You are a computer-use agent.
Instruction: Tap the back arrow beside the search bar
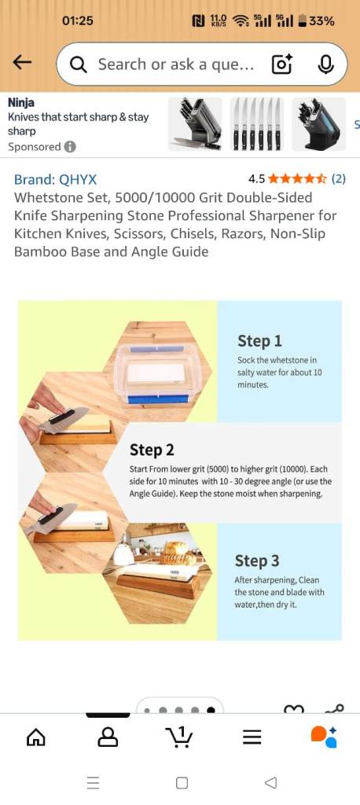(22, 63)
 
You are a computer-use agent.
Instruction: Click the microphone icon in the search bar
(325, 64)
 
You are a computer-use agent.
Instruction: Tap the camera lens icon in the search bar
(282, 64)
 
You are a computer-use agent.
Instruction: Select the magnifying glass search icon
(78, 64)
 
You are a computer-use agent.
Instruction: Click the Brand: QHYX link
(55, 180)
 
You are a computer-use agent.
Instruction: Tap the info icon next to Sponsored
(70, 147)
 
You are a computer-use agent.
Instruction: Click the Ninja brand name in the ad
(21, 103)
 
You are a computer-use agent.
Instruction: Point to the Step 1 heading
(259, 341)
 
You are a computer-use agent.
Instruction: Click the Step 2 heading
(152, 450)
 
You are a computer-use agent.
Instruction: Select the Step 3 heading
(257, 561)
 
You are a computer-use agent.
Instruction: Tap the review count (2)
(338, 178)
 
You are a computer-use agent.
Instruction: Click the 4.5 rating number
(256, 178)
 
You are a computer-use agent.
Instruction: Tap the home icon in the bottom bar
(36, 737)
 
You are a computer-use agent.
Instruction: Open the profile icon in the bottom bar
(108, 737)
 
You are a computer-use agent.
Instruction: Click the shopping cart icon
(180, 737)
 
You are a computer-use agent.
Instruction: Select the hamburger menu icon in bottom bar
(252, 737)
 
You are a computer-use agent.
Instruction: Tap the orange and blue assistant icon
(324, 737)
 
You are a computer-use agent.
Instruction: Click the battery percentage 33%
(322, 21)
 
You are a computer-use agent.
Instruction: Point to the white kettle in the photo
(123, 553)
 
